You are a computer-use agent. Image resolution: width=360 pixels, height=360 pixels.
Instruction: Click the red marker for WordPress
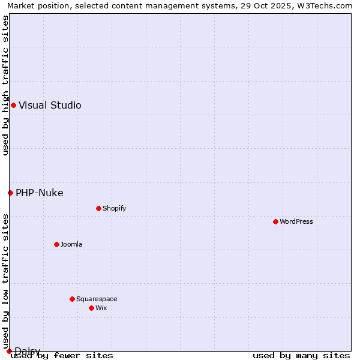pyautogui.click(x=275, y=221)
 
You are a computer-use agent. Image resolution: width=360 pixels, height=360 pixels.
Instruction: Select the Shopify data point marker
pyautogui.click(x=98, y=208)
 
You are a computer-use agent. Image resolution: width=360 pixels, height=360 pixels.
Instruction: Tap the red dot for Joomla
pyautogui.click(x=56, y=244)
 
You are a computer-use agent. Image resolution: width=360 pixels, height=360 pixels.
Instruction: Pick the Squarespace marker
pyautogui.click(x=72, y=299)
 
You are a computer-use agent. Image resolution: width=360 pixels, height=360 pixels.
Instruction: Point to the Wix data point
pyautogui.click(x=91, y=308)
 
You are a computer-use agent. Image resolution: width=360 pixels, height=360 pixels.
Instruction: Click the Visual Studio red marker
pyautogui.click(x=13, y=105)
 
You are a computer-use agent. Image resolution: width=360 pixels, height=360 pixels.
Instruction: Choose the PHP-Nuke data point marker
pyautogui.click(x=10, y=193)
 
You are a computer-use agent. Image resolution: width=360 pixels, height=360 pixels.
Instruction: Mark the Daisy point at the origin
pyautogui.click(x=9, y=351)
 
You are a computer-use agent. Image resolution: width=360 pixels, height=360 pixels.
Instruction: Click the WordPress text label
pyautogui.click(x=296, y=221)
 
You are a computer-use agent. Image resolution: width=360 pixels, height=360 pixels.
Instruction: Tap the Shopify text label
pyautogui.click(x=114, y=208)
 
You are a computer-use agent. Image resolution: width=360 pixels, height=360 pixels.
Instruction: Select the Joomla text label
pyautogui.click(x=71, y=244)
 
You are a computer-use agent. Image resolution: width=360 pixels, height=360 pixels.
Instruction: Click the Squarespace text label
pyautogui.click(x=97, y=299)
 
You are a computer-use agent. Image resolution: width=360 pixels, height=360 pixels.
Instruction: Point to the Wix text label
pyautogui.click(x=101, y=308)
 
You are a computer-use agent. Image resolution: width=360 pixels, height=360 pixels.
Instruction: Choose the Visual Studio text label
pyautogui.click(x=50, y=105)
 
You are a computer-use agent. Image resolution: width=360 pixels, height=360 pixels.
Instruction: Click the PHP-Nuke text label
pyautogui.click(x=39, y=193)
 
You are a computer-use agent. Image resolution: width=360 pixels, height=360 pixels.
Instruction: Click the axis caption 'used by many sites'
pyautogui.click(x=301, y=355)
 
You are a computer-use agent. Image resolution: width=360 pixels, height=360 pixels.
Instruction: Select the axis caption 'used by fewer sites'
pyautogui.click(x=62, y=355)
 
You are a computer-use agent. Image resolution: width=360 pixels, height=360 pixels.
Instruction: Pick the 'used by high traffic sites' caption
pyautogui.click(x=5, y=85)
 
